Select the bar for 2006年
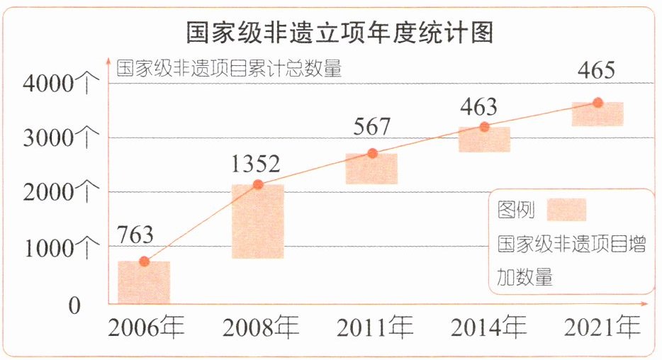pyautogui.click(x=144, y=282)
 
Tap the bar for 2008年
pyautogui.click(x=258, y=221)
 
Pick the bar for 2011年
pyautogui.click(x=371, y=169)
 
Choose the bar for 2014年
pyautogui.click(x=484, y=140)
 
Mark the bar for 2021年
pyautogui.click(x=598, y=114)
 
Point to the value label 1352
pyautogui.click(x=256, y=164)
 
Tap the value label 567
pyautogui.click(x=371, y=128)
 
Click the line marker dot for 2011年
pyautogui.click(x=372, y=154)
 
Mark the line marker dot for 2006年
pyautogui.click(x=144, y=261)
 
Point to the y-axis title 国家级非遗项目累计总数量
pyautogui.click(x=229, y=69)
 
